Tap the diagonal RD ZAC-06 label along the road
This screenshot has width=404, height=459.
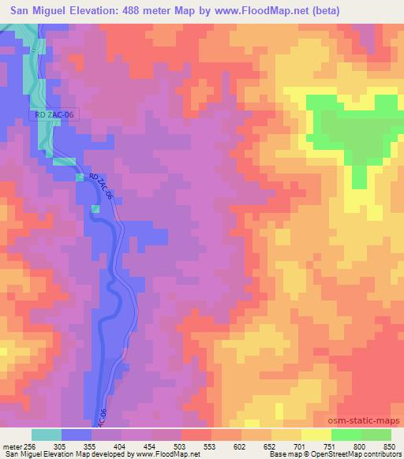pyautogui.click(x=101, y=186)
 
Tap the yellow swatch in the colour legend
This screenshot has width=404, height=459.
pyautogui.click(x=316, y=434)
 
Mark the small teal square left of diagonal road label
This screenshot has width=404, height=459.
pyautogui.click(x=80, y=177)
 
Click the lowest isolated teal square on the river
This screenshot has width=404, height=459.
pyautogui.click(x=95, y=208)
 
